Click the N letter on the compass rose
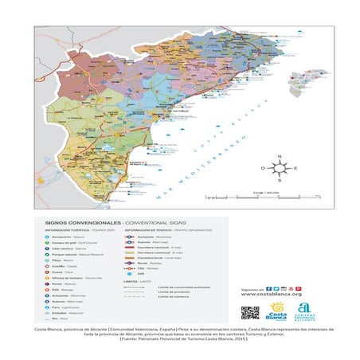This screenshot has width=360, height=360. coord(280,156)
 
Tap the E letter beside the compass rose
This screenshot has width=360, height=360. coord(295,169)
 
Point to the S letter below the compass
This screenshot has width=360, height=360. coord(280,182)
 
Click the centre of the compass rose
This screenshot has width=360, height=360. coord(280,169)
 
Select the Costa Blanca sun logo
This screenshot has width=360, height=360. coord(279,311)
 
